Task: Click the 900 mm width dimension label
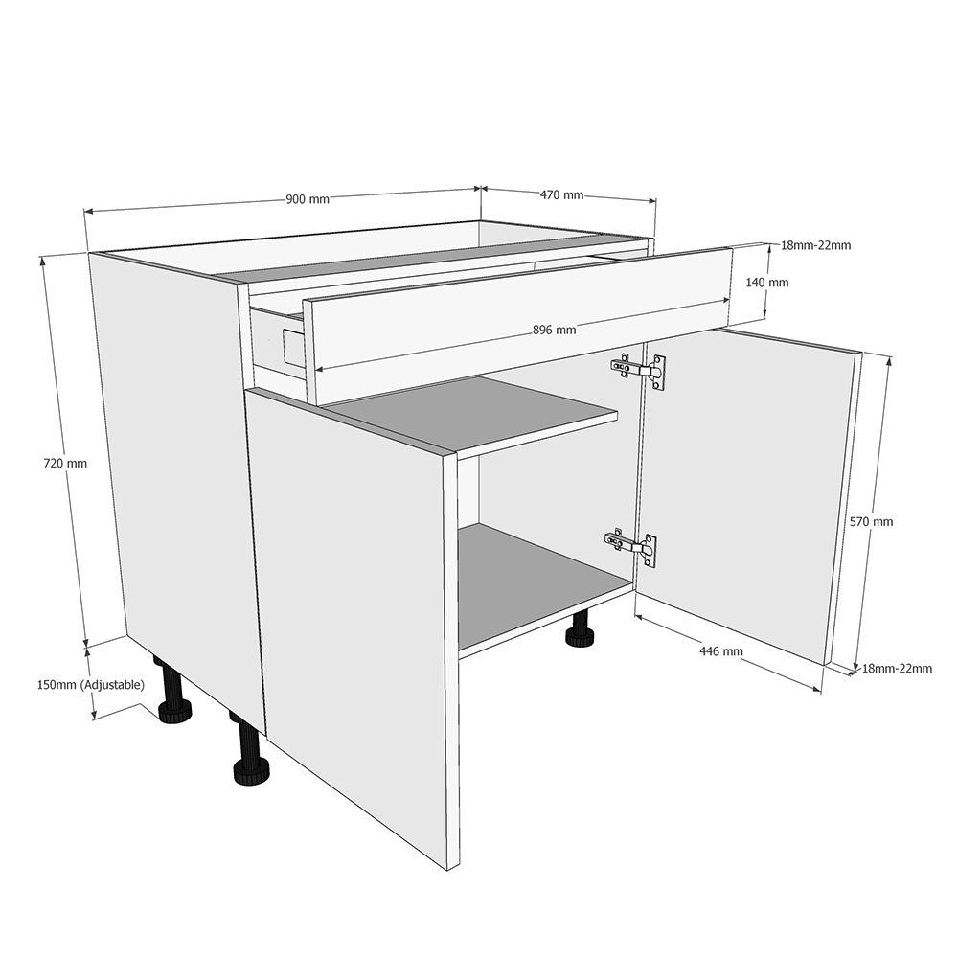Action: tap(308, 199)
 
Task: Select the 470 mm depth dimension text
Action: tap(561, 194)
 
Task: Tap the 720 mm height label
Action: tap(65, 463)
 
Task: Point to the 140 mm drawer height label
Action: tap(767, 283)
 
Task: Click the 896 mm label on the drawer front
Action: tap(554, 331)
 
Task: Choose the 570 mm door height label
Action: tap(871, 522)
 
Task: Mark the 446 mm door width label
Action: tap(721, 651)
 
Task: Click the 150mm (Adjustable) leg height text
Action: tap(90, 685)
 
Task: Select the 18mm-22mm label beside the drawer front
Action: tap(815, 245)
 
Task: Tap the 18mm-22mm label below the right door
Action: tap(897, 669)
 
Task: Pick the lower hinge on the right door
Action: tap(633, 546)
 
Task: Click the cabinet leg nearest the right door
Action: tap(580, 632)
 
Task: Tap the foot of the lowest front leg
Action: tap(251, 772)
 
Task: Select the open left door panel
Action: tap(354, 613)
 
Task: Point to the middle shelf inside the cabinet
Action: tap(479, 412)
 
